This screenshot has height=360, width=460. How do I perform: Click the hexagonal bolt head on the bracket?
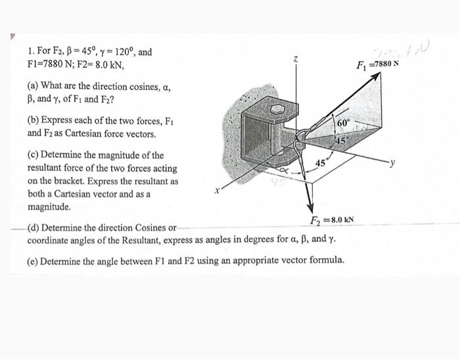[x=279, y=108]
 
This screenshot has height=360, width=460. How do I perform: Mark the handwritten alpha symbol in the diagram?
[x=287, y=171]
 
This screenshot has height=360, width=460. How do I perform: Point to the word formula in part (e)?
[x=325, y=261]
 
